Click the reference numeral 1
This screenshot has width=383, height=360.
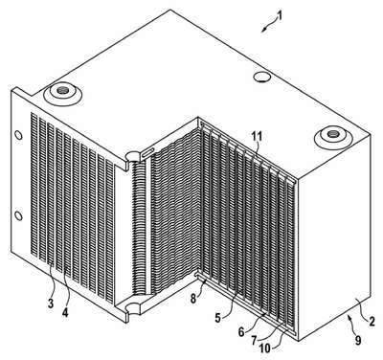tap(280, 15)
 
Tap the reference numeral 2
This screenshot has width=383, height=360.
tap(372, 321)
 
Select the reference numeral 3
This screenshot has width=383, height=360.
tap(51, 304)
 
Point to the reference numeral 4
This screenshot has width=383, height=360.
tap(65, 313)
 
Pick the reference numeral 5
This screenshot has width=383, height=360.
tap(217, 318)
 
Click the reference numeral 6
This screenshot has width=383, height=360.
tap(241, 332)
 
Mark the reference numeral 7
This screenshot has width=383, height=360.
tap(254, 341)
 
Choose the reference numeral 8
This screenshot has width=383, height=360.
tap(193, 300)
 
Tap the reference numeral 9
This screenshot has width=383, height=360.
tap(358, 341)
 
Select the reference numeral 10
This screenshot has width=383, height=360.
tap(265, 349)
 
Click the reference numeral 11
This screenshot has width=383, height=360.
tap(256, 137)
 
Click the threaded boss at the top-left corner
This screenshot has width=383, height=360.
tap(62, 94)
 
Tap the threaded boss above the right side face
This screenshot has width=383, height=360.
tap(333, 137)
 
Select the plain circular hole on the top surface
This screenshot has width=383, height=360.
tap(262, 77)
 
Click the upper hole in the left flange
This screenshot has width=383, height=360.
tap(19, 135)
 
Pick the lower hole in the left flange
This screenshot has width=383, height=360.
tap(19, 216)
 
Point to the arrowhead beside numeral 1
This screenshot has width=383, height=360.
tap(263, 30)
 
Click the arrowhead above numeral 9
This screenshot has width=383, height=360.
tap(350, 317)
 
